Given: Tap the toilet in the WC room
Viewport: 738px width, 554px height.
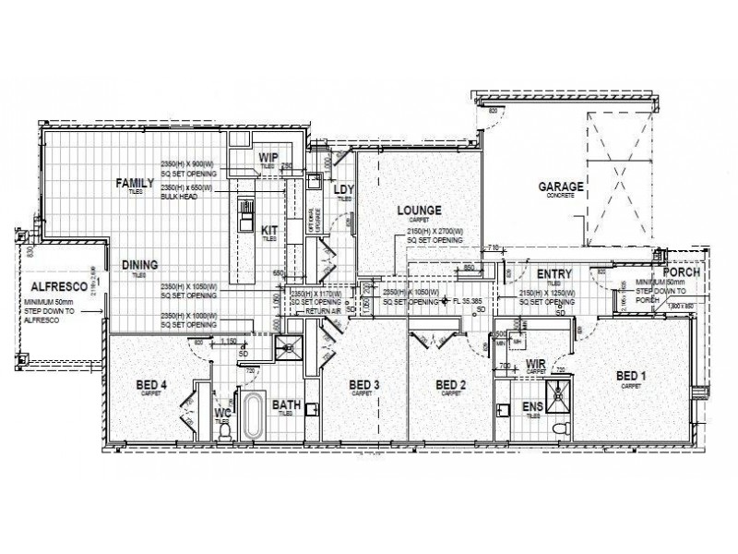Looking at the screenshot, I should [x=223, y=428].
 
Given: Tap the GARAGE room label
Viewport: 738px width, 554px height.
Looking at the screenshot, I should [x=561, y=187].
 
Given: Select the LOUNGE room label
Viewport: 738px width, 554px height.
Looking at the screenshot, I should [x=419, y=211].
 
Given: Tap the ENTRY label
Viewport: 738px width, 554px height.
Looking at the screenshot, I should [x=554, y=274].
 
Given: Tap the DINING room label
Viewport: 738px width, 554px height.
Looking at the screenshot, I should [x=140, y=265].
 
